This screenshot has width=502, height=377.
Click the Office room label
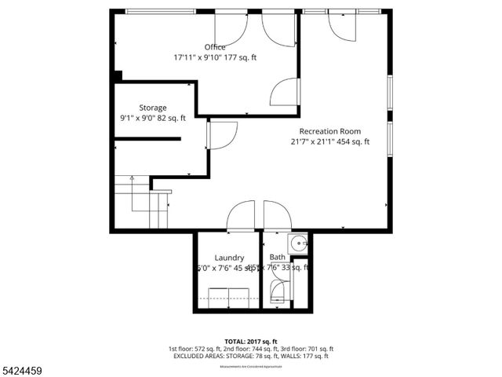(215, 47)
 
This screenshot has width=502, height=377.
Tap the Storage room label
(153, 108)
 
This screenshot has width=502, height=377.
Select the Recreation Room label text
(329, 131)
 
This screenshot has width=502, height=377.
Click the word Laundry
(229, 258)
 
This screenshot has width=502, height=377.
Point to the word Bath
(278, 257)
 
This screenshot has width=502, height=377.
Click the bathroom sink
(298, 243)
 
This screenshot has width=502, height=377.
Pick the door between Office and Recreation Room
(286, 92)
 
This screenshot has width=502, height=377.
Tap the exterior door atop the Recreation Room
(342, 27)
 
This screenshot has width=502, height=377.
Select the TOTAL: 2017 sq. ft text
(250, 340)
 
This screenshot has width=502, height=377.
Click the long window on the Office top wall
(160, 10)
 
